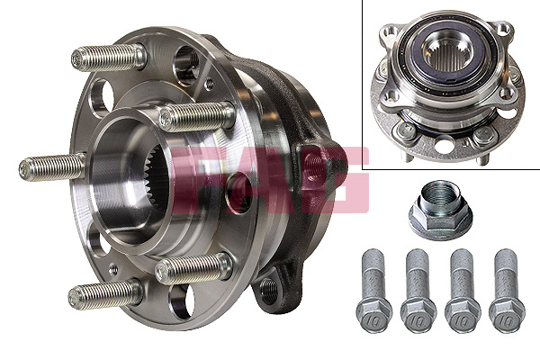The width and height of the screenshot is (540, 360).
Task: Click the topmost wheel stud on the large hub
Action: pos(109,58)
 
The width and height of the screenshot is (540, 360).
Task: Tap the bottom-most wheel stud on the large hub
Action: pos(106,294)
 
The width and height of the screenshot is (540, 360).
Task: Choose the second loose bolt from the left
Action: pos(417,288)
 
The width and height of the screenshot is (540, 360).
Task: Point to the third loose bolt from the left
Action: pos(462,288)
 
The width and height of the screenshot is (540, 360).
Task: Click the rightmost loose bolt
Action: pos(506,288)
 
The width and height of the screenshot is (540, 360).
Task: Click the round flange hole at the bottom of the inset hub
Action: pos(444,141)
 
